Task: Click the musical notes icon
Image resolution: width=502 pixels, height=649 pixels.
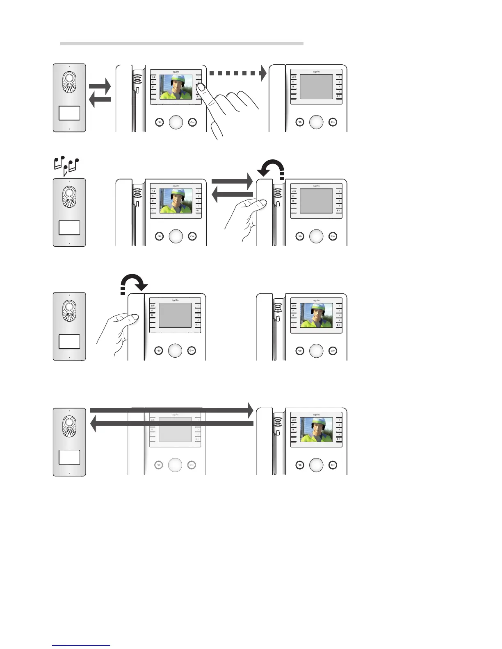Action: point(66,165)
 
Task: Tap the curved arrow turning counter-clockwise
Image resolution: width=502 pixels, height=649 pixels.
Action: point(271,168)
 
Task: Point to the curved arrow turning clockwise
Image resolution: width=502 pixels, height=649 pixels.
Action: point(134,283)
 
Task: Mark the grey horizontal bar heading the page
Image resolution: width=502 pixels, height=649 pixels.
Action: point(182,43)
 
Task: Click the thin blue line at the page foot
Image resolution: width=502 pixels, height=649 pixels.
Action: point(81,645)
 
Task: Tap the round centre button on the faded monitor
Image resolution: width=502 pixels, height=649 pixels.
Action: point(175,465)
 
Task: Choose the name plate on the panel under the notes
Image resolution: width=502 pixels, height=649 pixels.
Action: point(69,227)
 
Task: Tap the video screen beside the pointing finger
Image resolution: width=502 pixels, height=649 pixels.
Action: point(176,87)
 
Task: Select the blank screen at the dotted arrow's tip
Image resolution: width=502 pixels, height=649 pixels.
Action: point(316,86)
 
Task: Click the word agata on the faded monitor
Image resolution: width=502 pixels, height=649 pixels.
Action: point(175,415)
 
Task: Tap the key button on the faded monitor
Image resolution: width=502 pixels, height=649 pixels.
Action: point(192,465)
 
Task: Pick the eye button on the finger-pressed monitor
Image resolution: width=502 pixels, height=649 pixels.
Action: point(159,122)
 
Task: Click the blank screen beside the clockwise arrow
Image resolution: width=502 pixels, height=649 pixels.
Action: point(175,315)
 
